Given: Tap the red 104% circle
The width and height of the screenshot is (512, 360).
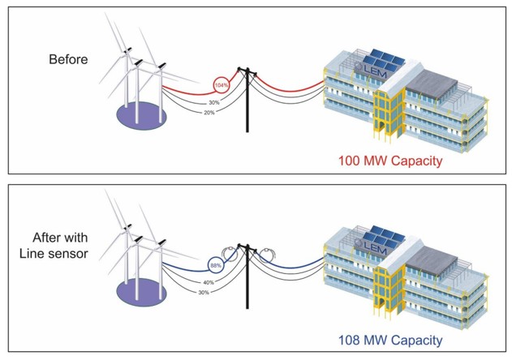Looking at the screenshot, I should [x=221, y=84].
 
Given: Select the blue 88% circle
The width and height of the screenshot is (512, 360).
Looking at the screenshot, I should [x=217, y=264].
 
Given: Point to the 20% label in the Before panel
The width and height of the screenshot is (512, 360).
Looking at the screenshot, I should [x=210, y=113].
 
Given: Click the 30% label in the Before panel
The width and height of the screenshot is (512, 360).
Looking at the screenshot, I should [x=213, y=102].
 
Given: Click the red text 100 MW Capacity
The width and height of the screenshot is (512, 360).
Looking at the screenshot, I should [x=389, y=161].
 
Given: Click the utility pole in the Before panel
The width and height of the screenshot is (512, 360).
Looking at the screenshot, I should [x=249, y=101].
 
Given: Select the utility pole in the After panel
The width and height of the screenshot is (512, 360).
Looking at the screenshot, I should [x=249, y=280].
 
